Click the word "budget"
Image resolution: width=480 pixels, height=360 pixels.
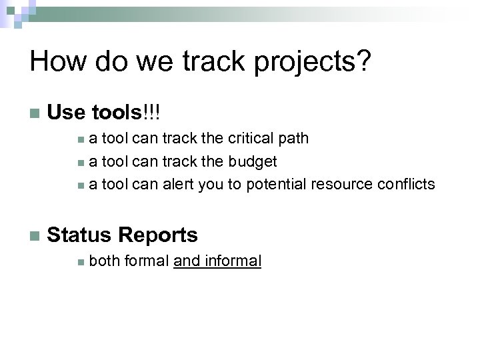click(253, 161)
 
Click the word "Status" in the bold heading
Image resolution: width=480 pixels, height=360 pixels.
click(80, 235)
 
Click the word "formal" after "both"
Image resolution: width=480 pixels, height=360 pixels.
click(146, 261)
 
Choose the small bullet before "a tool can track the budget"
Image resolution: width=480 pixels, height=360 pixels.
click(80, 162)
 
